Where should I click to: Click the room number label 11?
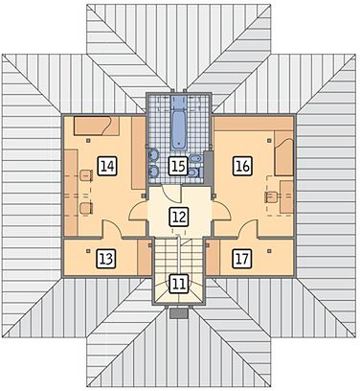(x=179, y=284)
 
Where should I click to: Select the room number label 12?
(x=179, y=217)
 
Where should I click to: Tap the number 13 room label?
(x=106, y=258)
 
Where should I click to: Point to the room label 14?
(x=107, y=166)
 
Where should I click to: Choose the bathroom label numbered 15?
(x=178, y=166)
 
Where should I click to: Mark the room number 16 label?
(x=242, y=166)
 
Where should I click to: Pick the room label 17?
(x=242, y=258)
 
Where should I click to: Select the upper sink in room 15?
(x=153, y=156)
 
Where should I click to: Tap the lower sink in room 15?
(x=153, y=172)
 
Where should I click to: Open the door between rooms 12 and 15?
(x=171, y=194)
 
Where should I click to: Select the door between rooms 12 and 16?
(x=221, y=211)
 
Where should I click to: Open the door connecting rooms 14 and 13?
(x=112, y=229)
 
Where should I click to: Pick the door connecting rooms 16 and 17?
(x=249, y=229)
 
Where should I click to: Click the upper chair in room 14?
(x=86, y=175)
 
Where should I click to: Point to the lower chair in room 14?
(x=86, y=208)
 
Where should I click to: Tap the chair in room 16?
(x=271, y=196)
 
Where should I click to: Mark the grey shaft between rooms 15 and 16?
(x=209, y=168)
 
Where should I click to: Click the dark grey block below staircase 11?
(x=179, y=313)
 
